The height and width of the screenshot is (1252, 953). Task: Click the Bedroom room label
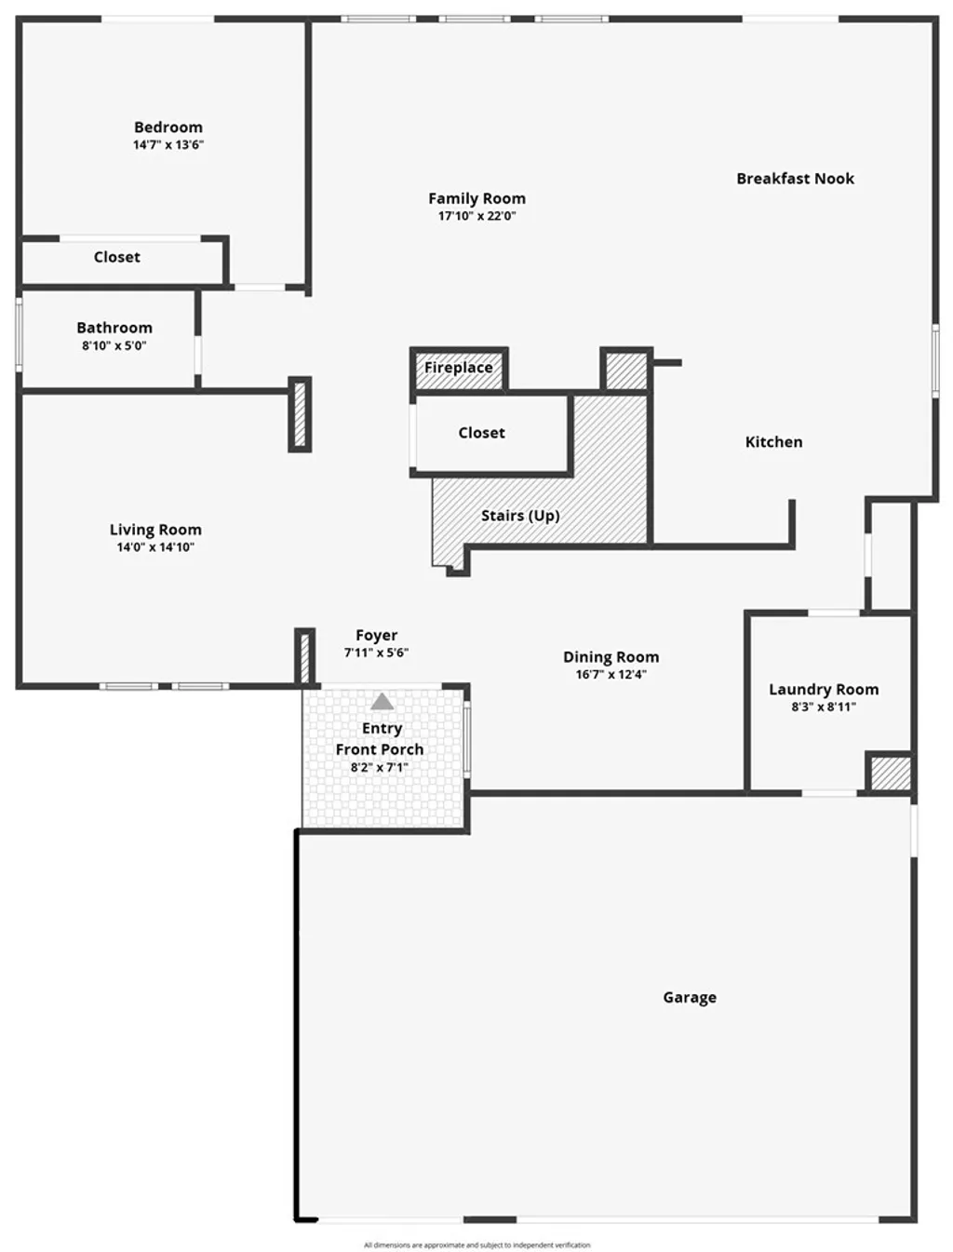click(168, 128)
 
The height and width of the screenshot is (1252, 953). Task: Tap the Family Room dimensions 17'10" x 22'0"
click(476, 216)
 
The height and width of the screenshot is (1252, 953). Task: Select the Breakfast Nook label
click(795, 179)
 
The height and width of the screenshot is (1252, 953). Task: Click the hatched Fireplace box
click(459, 369)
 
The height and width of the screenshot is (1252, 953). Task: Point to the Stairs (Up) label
click(520, 516)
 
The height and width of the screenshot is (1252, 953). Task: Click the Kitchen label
click(773, 442)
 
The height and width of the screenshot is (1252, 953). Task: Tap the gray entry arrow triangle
click(383, 702)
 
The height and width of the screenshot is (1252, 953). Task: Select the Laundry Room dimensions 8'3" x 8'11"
click(824, 707)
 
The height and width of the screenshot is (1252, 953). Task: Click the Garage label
click(690, 998)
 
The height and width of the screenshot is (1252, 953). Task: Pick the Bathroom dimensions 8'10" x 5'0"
click(114, 345)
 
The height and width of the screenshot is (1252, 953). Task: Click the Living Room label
click(155, 530)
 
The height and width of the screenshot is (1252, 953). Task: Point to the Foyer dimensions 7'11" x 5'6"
click(376, 653)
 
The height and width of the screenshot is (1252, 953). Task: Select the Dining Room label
click(611, 657)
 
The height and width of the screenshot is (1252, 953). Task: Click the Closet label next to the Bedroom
click(116, 257)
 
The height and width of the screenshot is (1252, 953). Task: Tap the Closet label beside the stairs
click(481, 433)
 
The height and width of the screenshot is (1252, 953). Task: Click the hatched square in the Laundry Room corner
click(890, 773)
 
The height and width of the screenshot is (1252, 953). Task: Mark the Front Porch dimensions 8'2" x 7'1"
click(379, 767)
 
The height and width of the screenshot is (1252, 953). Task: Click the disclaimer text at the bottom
click(476, 1245)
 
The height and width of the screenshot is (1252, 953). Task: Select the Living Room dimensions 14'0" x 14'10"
click(155, 547)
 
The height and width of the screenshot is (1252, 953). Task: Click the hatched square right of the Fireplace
click(625, 370)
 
